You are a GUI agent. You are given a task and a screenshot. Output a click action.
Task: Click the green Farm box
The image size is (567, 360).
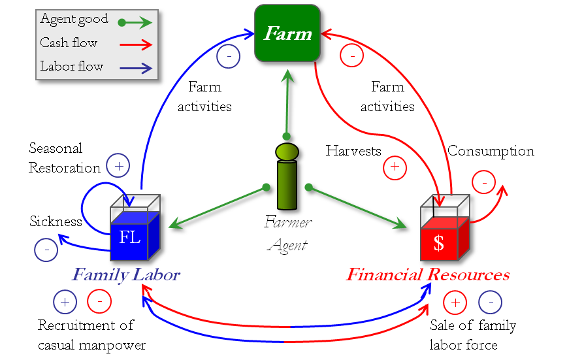tap(287, 33)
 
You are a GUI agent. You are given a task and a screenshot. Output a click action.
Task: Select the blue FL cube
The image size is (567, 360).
tap(134, 235)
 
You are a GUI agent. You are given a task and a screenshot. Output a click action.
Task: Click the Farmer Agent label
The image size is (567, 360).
tap(287, 234)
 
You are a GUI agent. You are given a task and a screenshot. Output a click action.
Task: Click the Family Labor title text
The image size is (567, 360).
tap(125, 275)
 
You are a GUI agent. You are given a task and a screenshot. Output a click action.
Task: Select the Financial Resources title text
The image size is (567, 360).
tap(427, 275)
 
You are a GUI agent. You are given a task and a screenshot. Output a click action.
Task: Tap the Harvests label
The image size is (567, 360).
tap(353, 151)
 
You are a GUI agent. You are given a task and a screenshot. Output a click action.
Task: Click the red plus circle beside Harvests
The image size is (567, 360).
tap(395, 168)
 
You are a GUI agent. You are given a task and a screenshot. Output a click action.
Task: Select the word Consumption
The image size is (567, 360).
tap(491, 152)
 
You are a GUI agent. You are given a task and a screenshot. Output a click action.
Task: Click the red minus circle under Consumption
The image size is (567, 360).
tap(483, 182)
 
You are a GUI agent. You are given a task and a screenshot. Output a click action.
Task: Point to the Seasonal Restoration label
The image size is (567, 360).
tap(65, 158)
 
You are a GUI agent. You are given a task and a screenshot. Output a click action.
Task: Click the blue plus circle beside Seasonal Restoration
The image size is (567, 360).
tap(118, 167)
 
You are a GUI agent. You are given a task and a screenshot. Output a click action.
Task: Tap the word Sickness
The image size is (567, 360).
tap(56, 221)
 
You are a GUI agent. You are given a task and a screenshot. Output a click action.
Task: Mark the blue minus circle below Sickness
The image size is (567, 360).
tap(46, 249)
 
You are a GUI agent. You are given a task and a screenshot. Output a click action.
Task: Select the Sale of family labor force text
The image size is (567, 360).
tap(472, 335)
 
